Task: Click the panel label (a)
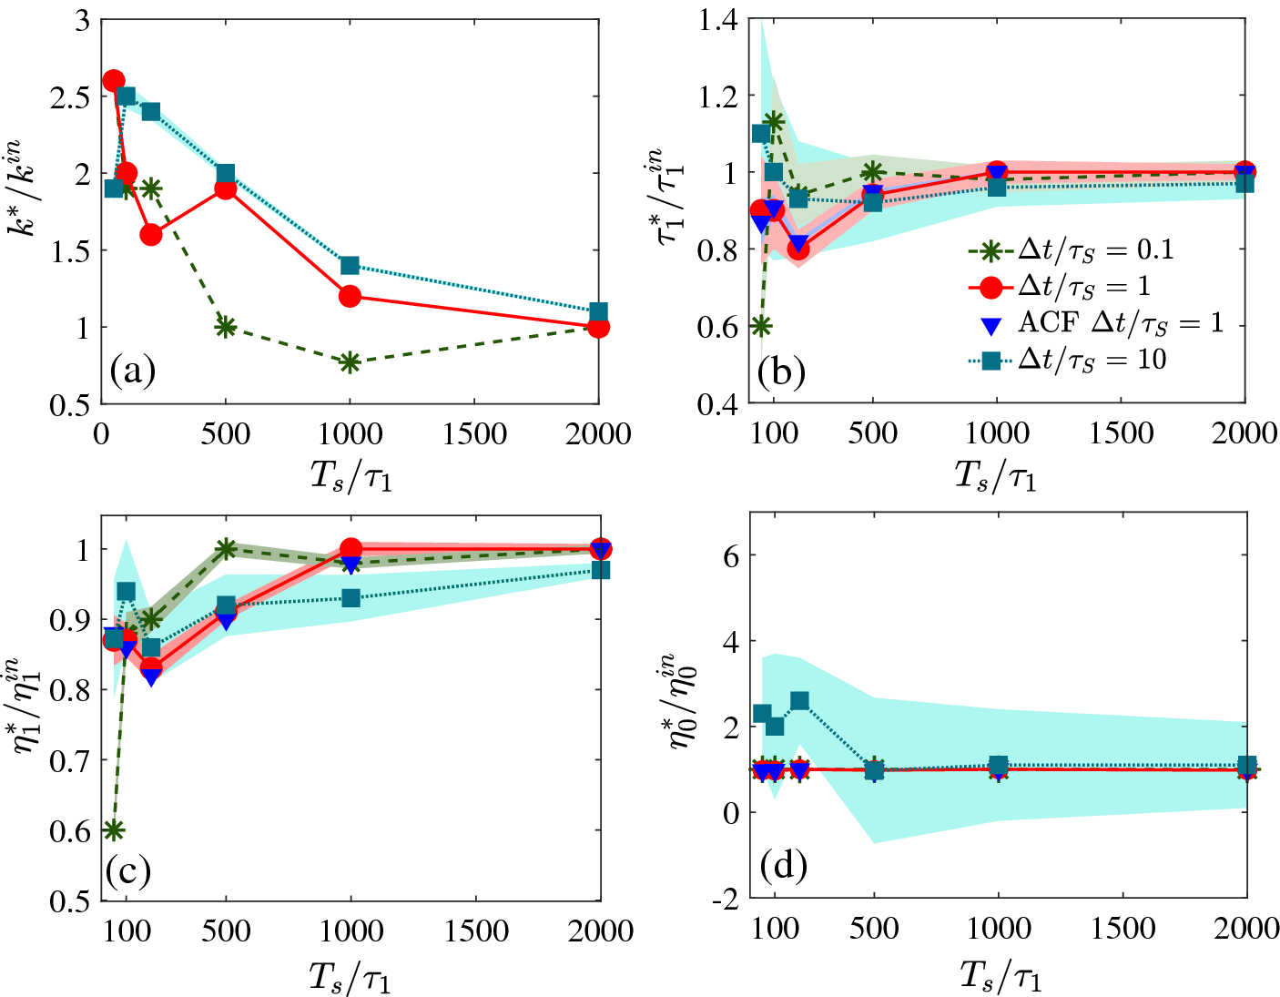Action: (x=132, y=371)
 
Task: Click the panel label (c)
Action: (x=127, y=870)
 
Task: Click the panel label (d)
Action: (x=784, y=865)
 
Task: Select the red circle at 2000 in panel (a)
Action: (x=598, y=327)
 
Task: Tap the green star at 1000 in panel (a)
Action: (x=350, y=362)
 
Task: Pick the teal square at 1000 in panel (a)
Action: (x=350, y=266)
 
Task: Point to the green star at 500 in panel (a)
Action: (x=226, y=327)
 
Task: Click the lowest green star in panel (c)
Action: (x=114, y=830)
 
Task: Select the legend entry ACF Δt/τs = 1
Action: (x=1092, y=323)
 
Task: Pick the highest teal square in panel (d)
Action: (x=799, y=701)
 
